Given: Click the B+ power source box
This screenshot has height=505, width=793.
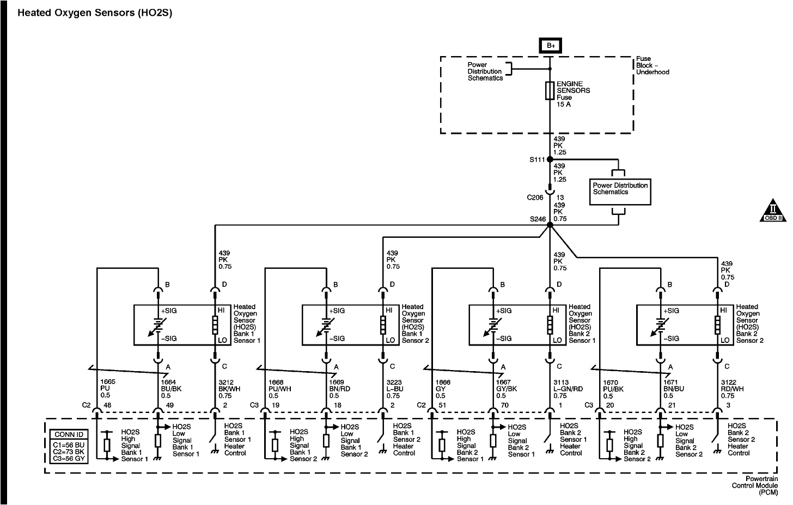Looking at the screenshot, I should [550, 46].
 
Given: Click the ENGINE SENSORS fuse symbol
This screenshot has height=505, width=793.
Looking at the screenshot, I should [550, 90].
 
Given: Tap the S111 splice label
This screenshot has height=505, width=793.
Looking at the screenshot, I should [537, 160].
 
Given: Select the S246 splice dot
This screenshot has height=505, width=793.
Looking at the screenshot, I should [550, 224].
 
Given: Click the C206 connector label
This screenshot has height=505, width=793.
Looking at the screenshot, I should [536, 198].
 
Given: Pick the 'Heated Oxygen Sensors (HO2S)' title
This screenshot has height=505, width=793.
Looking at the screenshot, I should [95, 13].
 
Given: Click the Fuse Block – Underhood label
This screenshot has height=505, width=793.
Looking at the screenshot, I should [652, 65].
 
